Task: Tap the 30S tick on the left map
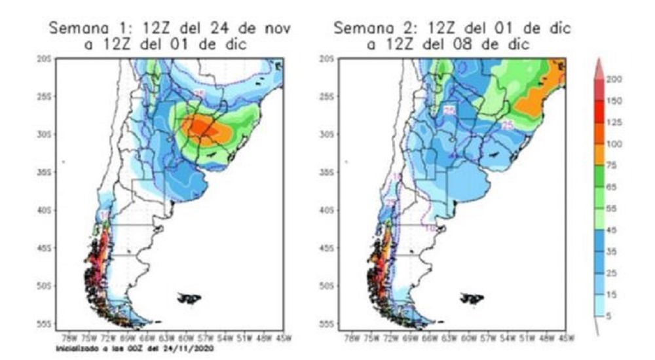coord(44,134)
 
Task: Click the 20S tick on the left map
coord(44,59)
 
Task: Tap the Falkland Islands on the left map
coord(189,298)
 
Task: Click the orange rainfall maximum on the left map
coord(208,128)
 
